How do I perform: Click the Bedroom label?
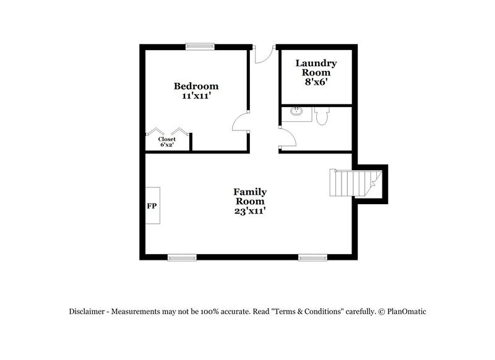point(196,86)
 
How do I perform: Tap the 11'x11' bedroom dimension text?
point(196,96)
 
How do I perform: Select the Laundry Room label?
point(316,68)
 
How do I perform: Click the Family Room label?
point(249,197)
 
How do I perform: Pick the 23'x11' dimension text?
point(249,211)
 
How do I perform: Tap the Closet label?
point(167,139)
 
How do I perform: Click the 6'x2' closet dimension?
point(167,145)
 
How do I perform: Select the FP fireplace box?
point(152,206)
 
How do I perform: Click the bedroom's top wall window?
point(200,45)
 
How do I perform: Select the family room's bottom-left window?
point(182,257)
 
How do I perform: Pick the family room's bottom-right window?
point(312,257)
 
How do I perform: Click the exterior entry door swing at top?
point(262,55)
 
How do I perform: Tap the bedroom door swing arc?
point(239,123)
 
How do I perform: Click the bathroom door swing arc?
point(288,138)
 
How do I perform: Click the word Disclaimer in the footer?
point(87,312)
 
